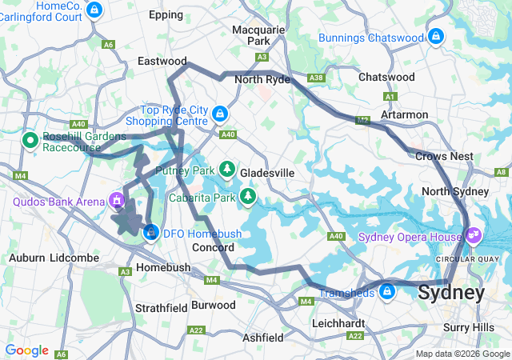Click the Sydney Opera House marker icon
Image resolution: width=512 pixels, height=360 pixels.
pos(474,235)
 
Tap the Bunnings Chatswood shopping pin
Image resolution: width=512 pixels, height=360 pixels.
pos(435,37)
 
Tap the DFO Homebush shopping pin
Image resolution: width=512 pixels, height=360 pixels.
pos(150,232)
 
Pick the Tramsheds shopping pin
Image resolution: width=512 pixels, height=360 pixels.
pos(387,291)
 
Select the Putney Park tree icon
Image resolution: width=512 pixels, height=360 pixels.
pos(227,170)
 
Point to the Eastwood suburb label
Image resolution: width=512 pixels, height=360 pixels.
pos(162,61)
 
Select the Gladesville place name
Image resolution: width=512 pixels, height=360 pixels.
pos(267,173)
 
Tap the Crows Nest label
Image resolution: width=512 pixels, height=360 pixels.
pos(444,156)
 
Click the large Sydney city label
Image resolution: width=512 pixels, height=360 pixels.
pos(450,293)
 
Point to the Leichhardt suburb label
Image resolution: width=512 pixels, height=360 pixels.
pos(338,323)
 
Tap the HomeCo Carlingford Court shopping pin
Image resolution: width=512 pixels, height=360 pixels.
pos(95,10)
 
